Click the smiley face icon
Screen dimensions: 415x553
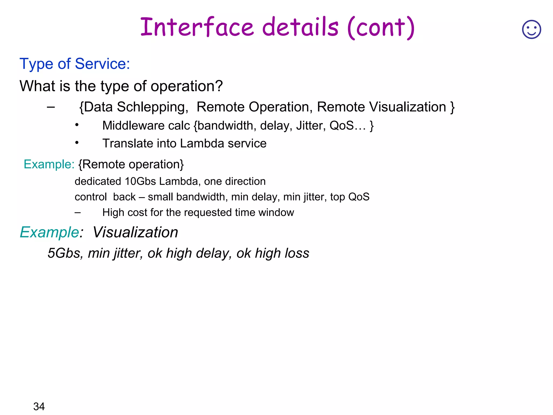pos(531,29)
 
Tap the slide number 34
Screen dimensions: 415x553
pos(39,406)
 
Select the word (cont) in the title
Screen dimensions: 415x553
pos(381,28)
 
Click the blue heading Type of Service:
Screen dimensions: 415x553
pos(75,64)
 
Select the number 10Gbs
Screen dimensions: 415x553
pos(140,181)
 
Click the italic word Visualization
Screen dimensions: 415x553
pos(136,232)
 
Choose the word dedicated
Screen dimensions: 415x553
pos(98,181)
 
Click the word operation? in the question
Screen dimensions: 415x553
pos(187,86)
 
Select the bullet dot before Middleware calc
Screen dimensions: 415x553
pos(77,125)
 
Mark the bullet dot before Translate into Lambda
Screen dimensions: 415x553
pos(77,143)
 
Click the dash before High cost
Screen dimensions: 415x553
pos(78,213)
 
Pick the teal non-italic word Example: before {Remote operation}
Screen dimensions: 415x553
pos(49,164)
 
